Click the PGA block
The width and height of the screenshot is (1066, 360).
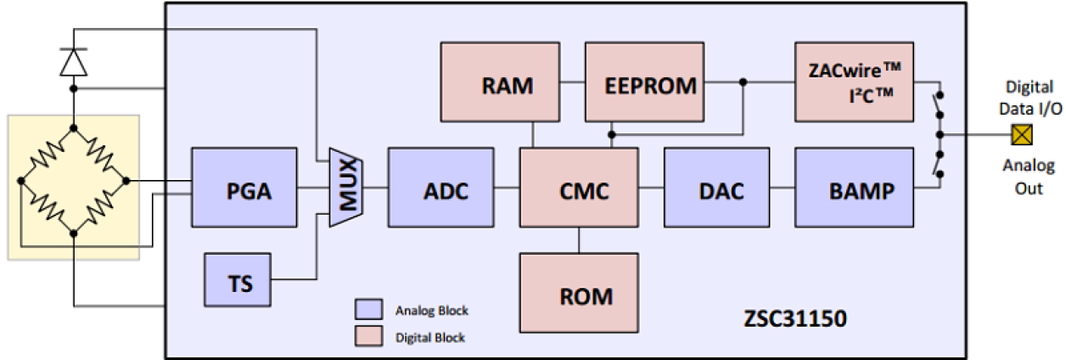click(244, 190)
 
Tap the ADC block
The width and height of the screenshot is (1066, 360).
click(440, 190)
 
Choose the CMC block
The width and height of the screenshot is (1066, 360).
click(579, 190)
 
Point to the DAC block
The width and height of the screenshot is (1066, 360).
click(716, 190)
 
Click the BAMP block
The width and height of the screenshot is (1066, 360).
click(855, 190)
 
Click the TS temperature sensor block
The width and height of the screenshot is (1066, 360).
click(240, 280)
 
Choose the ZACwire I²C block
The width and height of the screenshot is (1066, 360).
click(855, 82)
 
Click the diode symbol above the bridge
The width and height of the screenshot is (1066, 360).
click(74, 62)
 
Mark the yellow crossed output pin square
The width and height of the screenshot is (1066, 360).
click(1018, 134)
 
